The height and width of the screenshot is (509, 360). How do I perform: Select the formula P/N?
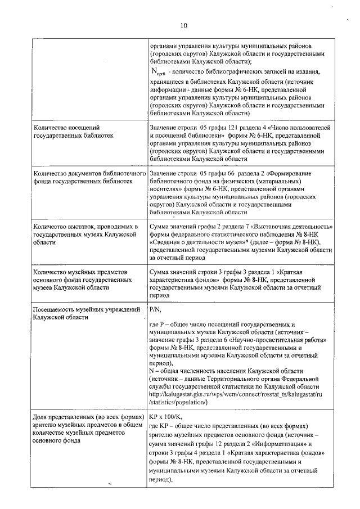[x=155, y=309]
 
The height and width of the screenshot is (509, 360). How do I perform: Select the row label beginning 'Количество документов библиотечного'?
[x=84, y=178]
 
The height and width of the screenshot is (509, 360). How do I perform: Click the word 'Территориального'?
[x=239, y=379]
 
